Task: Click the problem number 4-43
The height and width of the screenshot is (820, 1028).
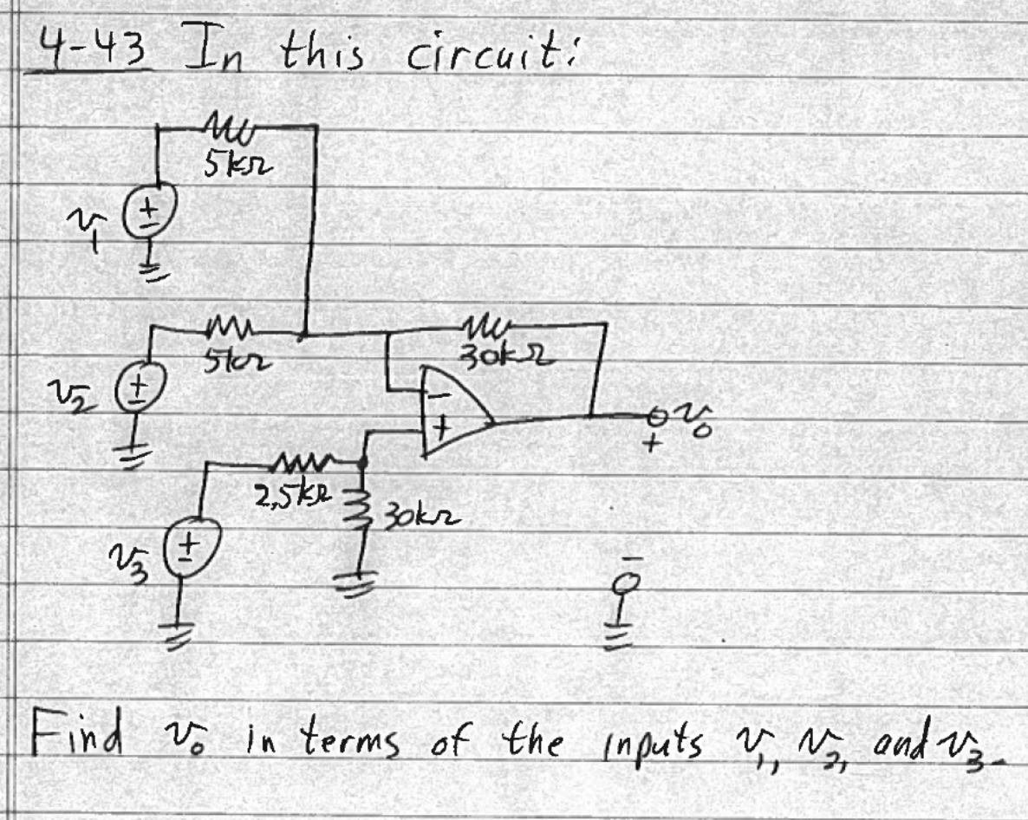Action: pos(86,50)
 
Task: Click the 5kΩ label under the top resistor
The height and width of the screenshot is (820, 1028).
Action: pos(228,165)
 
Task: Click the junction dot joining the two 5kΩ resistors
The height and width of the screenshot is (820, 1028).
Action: pos(303,334)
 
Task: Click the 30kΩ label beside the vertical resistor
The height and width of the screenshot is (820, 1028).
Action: pos(420,520)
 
